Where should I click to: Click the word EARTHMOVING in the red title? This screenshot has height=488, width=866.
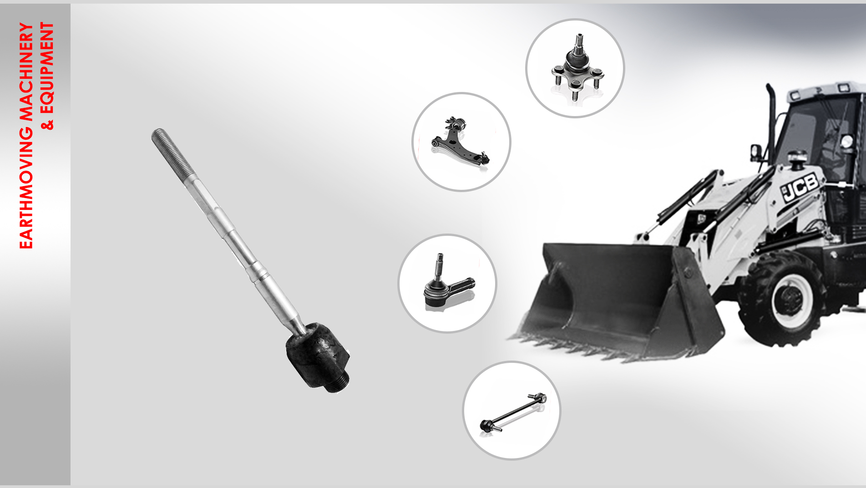pos(26,188)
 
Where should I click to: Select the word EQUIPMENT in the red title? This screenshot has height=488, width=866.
pos(47,67)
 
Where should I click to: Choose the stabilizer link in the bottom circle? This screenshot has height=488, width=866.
pos(513,412)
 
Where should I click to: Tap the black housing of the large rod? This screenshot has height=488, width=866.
pos(317,353)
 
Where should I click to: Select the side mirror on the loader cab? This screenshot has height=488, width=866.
pos(755,152)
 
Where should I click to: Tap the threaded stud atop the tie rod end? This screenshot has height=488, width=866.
pos(439,267)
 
